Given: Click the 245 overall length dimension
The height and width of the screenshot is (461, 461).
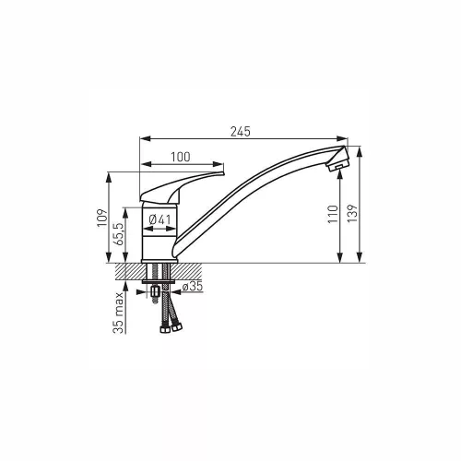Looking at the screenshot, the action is (241, 132).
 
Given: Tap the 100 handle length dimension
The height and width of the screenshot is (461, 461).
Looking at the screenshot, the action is (181, 157).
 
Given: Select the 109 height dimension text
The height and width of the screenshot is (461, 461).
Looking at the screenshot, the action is (102, 218).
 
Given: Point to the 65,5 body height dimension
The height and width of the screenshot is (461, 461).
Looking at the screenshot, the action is (118, 234).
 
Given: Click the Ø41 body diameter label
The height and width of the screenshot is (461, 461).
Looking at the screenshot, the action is (160, 219).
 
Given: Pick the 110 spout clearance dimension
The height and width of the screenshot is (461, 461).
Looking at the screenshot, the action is (333, 214).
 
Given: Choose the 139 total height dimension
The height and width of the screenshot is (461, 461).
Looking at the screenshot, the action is (352, 213).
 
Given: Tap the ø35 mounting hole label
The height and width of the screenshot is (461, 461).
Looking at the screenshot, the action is (193, 287).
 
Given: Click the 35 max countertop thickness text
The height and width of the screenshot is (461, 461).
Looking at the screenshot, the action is (118, 313).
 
